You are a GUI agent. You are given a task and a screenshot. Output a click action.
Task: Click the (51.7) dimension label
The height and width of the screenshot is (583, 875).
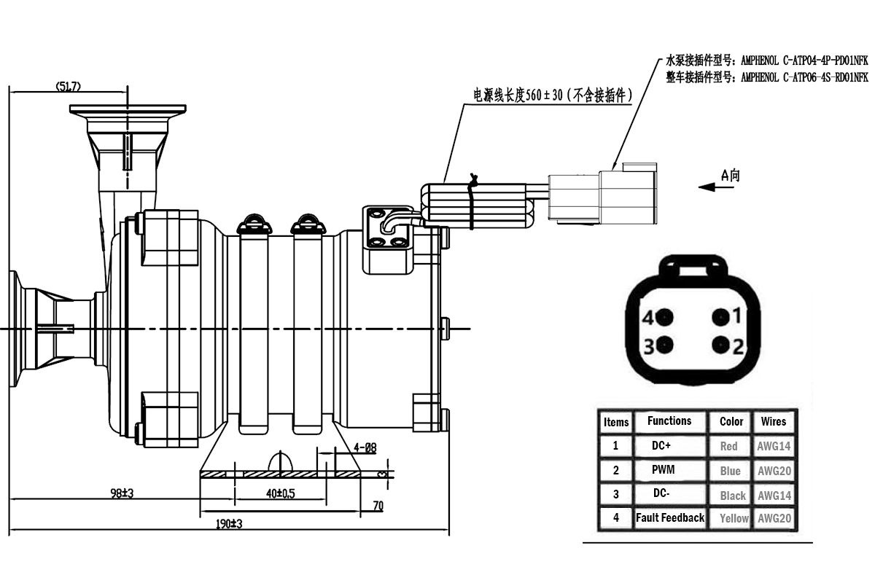pyautogui.click(x=68, y=86)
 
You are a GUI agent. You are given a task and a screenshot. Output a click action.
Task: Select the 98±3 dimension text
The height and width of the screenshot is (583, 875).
pyautogui.click(x=122, y=493)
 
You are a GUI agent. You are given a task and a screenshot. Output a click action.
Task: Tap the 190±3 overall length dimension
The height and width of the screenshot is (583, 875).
pyautogui.click(x=228, y=524)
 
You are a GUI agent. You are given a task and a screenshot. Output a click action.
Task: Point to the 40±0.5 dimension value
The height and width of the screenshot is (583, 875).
pyautogui.click(x=280, y=493)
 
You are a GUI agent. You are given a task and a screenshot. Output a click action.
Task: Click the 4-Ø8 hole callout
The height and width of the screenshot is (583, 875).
pyautogui.click(x=365, y=447)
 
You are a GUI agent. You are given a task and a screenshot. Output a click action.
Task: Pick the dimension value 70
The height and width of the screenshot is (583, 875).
pyautogui.click(x=378, y=506)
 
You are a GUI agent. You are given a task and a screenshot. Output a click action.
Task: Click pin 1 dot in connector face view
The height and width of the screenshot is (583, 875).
pyautogui.click(x=720, y=317)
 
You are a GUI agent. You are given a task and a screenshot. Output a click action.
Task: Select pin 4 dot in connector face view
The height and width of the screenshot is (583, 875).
pyautogui.click(x=664, y=318)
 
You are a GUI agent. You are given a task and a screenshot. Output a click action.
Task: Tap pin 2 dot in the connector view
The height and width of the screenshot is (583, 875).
pyautogui.click(x=720, y=345)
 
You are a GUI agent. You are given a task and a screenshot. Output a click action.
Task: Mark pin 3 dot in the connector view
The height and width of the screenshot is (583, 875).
pyautogui.click(x=664, y=345)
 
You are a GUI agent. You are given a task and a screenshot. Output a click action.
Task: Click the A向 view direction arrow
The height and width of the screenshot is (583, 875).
pyautogui.click(x=715, y=187)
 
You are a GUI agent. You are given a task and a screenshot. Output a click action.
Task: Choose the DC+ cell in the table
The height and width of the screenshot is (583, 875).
pyautogui.click(x=662, y=445)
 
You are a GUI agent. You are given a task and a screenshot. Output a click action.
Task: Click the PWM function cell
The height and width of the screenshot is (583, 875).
pyautogui.click(x=664, y=469)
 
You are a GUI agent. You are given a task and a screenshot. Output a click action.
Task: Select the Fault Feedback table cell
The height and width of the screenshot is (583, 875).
pyautogui.click(x=669, y=517)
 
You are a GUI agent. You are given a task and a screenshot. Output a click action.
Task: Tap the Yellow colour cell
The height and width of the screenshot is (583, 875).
pyautogui.click(x=734, y=518)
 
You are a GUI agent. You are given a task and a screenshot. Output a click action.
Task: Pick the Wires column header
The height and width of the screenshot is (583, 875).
pyautogui.click(x=774, y=421)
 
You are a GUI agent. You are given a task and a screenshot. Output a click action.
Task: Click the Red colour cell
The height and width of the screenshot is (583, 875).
pyautogui.click(x=728, y=446)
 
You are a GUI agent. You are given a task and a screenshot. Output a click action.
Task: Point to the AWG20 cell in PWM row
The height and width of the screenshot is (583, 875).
pyautogui.click(x=774, y=471)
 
